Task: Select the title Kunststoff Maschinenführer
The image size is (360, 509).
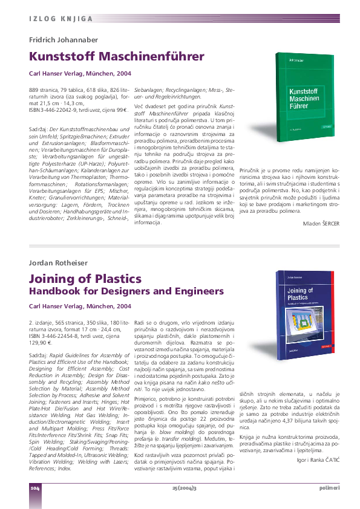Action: coord(117,57)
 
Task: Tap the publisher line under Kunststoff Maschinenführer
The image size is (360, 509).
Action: coord(80,73)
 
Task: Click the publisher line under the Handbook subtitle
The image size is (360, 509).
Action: coord(80,306)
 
